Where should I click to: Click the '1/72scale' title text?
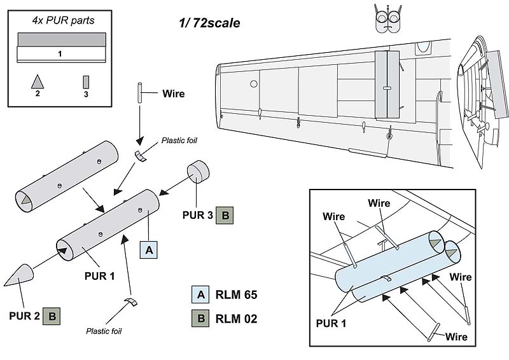(209, 23)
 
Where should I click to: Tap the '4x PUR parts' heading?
(63, 20)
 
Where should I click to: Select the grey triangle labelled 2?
(38, 81)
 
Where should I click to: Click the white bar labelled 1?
(60, 54)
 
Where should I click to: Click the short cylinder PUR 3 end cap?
(199, 171)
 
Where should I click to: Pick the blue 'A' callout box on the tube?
(148, 251)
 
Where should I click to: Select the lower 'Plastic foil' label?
(104, 331)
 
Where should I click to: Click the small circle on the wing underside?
(253, 83)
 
